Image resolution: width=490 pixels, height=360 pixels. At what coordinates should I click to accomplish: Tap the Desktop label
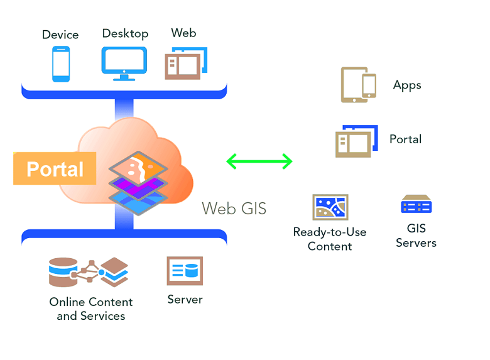[125, 33]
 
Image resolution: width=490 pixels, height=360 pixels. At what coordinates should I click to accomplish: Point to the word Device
[60, 35]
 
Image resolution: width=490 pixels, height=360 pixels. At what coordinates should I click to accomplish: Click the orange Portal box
[55, 169]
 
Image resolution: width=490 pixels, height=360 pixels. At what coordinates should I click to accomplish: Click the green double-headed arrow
[259, 161]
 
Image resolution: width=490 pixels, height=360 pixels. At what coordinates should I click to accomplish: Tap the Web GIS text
[234, 209]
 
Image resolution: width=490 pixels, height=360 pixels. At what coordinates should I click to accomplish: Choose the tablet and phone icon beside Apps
[358, 85]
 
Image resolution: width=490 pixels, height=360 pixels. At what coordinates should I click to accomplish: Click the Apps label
[407, 85]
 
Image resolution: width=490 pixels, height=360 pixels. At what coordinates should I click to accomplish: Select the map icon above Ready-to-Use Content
[330, 207]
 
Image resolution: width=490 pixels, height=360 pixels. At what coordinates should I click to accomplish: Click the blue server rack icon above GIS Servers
[416, 205]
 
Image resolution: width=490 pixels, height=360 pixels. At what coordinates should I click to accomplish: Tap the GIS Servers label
[416, 236]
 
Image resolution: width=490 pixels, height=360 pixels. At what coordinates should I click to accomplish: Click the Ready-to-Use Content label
[330, 239]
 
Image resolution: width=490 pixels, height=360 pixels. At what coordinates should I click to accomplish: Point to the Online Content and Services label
[91, 308]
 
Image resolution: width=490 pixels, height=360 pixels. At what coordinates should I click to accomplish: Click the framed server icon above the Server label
[185, 271]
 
